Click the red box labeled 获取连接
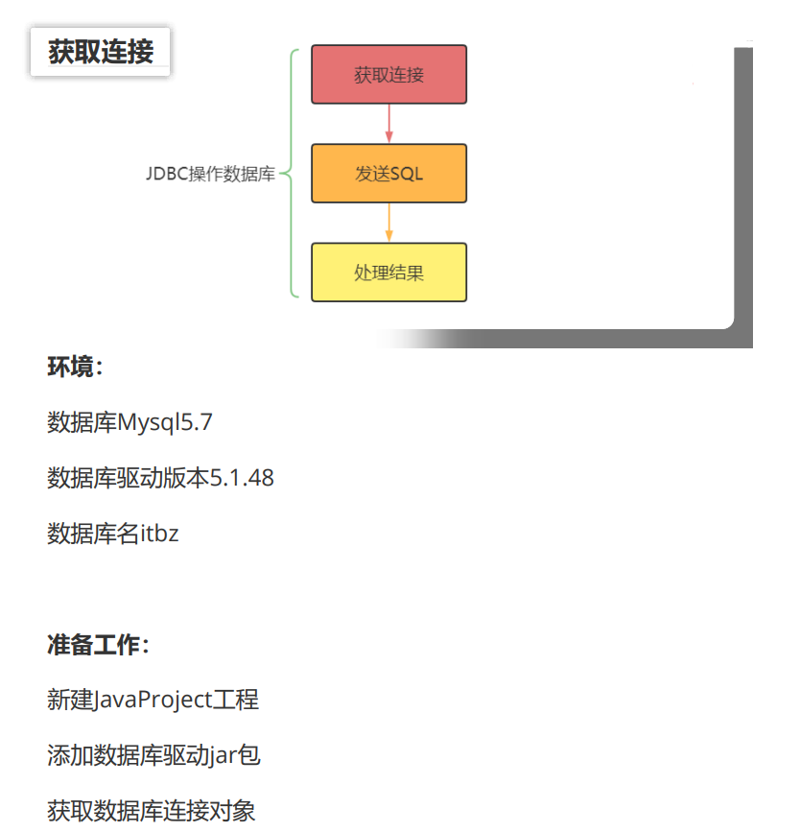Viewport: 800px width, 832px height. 388,74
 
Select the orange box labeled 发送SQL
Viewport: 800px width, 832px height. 388,174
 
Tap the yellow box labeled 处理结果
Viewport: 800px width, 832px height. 388,273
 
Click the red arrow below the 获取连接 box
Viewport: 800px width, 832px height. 388,124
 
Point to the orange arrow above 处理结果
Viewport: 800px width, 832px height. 388,223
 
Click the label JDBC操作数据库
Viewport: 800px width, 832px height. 210,175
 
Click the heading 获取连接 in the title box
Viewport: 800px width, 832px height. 101,52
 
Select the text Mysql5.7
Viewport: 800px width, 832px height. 165,422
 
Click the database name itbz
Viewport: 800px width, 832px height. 159,534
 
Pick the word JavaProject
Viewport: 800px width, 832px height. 153,700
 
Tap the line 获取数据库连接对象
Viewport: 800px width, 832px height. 152,811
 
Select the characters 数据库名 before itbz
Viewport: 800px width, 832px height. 93,534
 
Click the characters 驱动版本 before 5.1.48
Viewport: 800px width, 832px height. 163,478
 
